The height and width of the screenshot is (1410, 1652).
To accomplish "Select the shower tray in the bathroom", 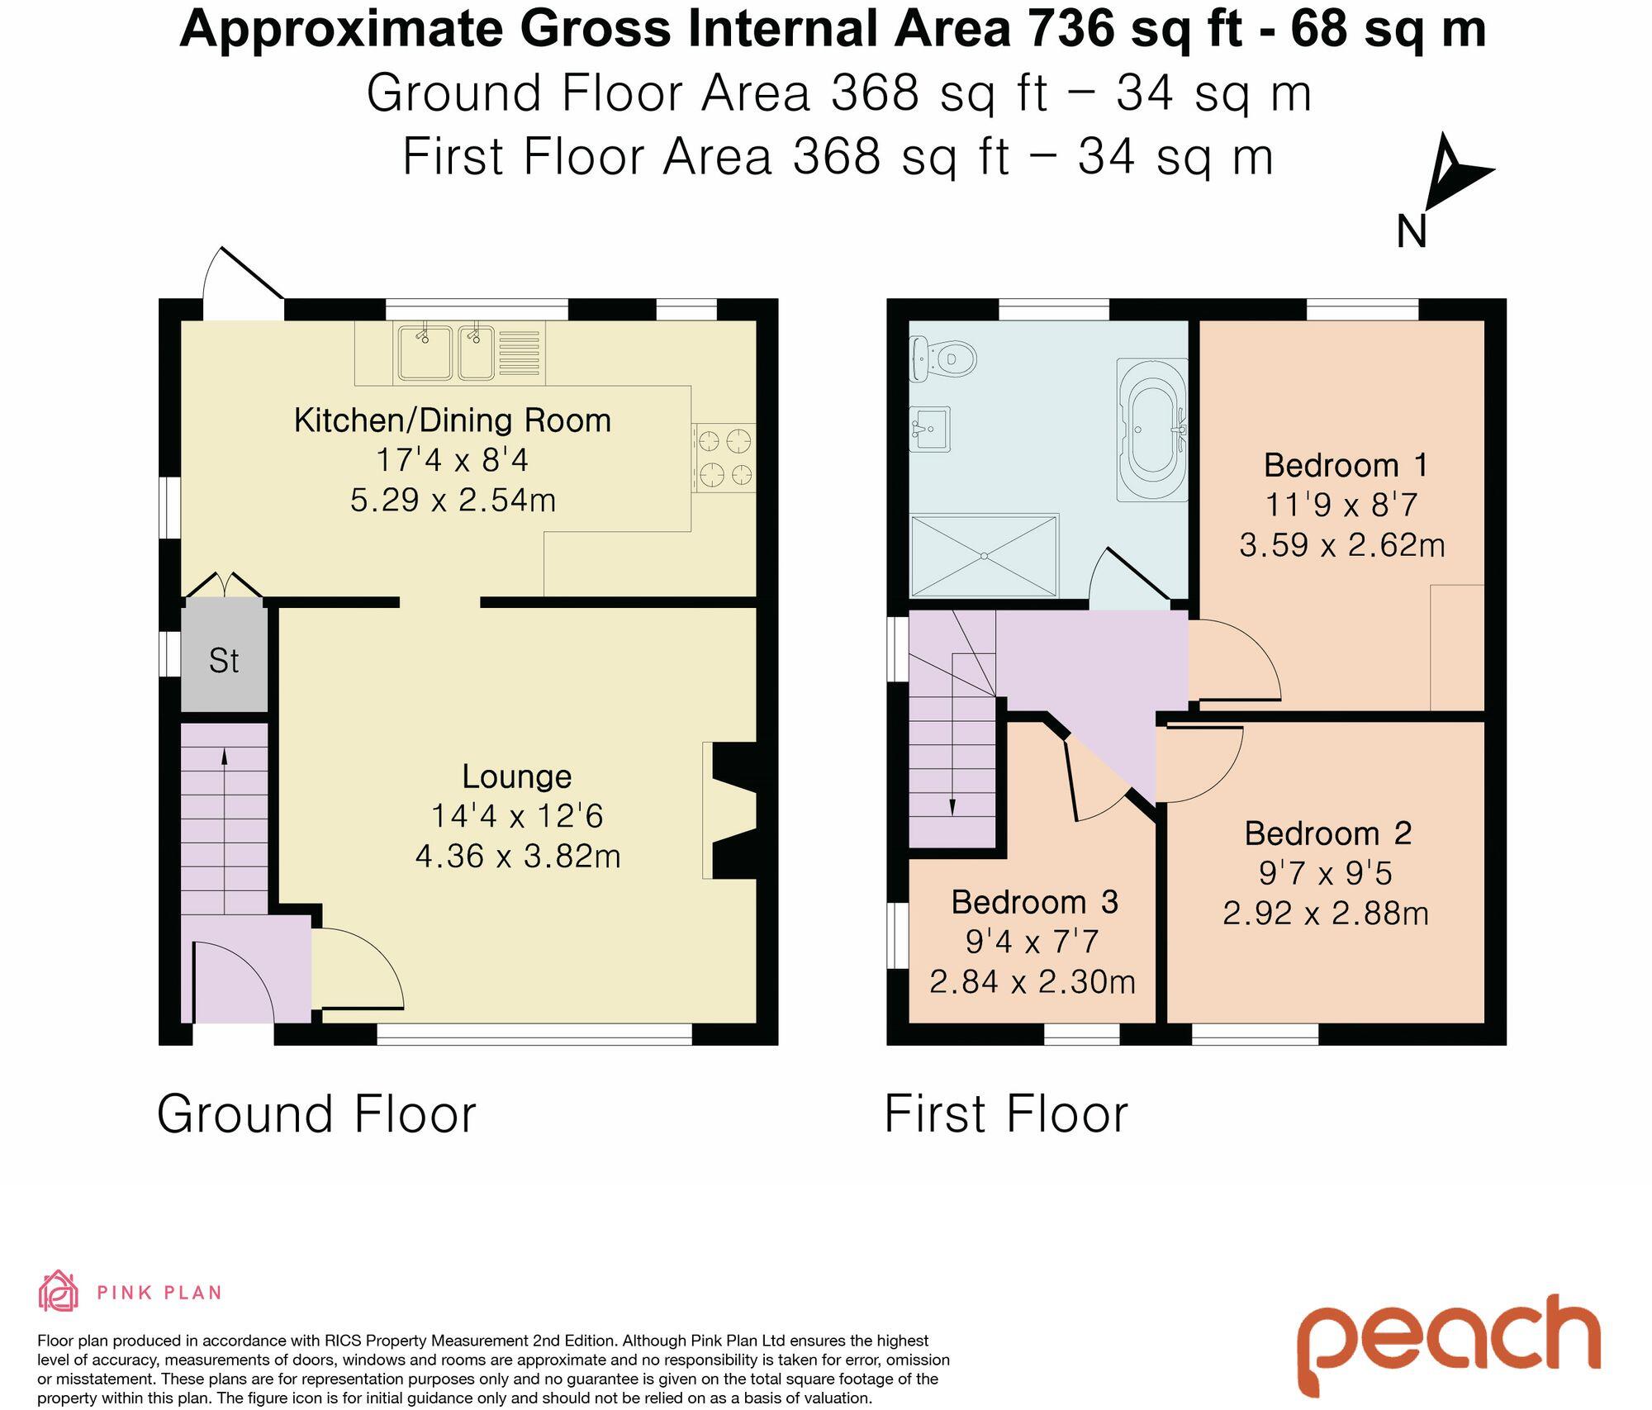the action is (984, 555).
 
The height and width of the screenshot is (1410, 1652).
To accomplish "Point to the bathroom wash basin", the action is (930, 429).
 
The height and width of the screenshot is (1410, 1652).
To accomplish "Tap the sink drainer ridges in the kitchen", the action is (520, 353).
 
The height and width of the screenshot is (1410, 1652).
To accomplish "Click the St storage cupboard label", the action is (224, 661).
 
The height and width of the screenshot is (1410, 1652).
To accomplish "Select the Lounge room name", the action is (517, 776).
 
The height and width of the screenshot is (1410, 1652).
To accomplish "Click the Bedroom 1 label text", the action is (1346, 465).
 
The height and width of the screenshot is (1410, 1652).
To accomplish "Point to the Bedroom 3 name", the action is (1034, 902).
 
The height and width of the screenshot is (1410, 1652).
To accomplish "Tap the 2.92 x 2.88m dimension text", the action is (1326, 914).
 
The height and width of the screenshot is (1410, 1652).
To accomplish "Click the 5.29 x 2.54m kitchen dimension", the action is (453, 500).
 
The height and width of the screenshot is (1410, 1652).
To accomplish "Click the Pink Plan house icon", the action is (59, 1291).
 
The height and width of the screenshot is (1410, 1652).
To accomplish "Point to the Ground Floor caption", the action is (316, 1113).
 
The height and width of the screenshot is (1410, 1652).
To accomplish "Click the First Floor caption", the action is (1006, 1113).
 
